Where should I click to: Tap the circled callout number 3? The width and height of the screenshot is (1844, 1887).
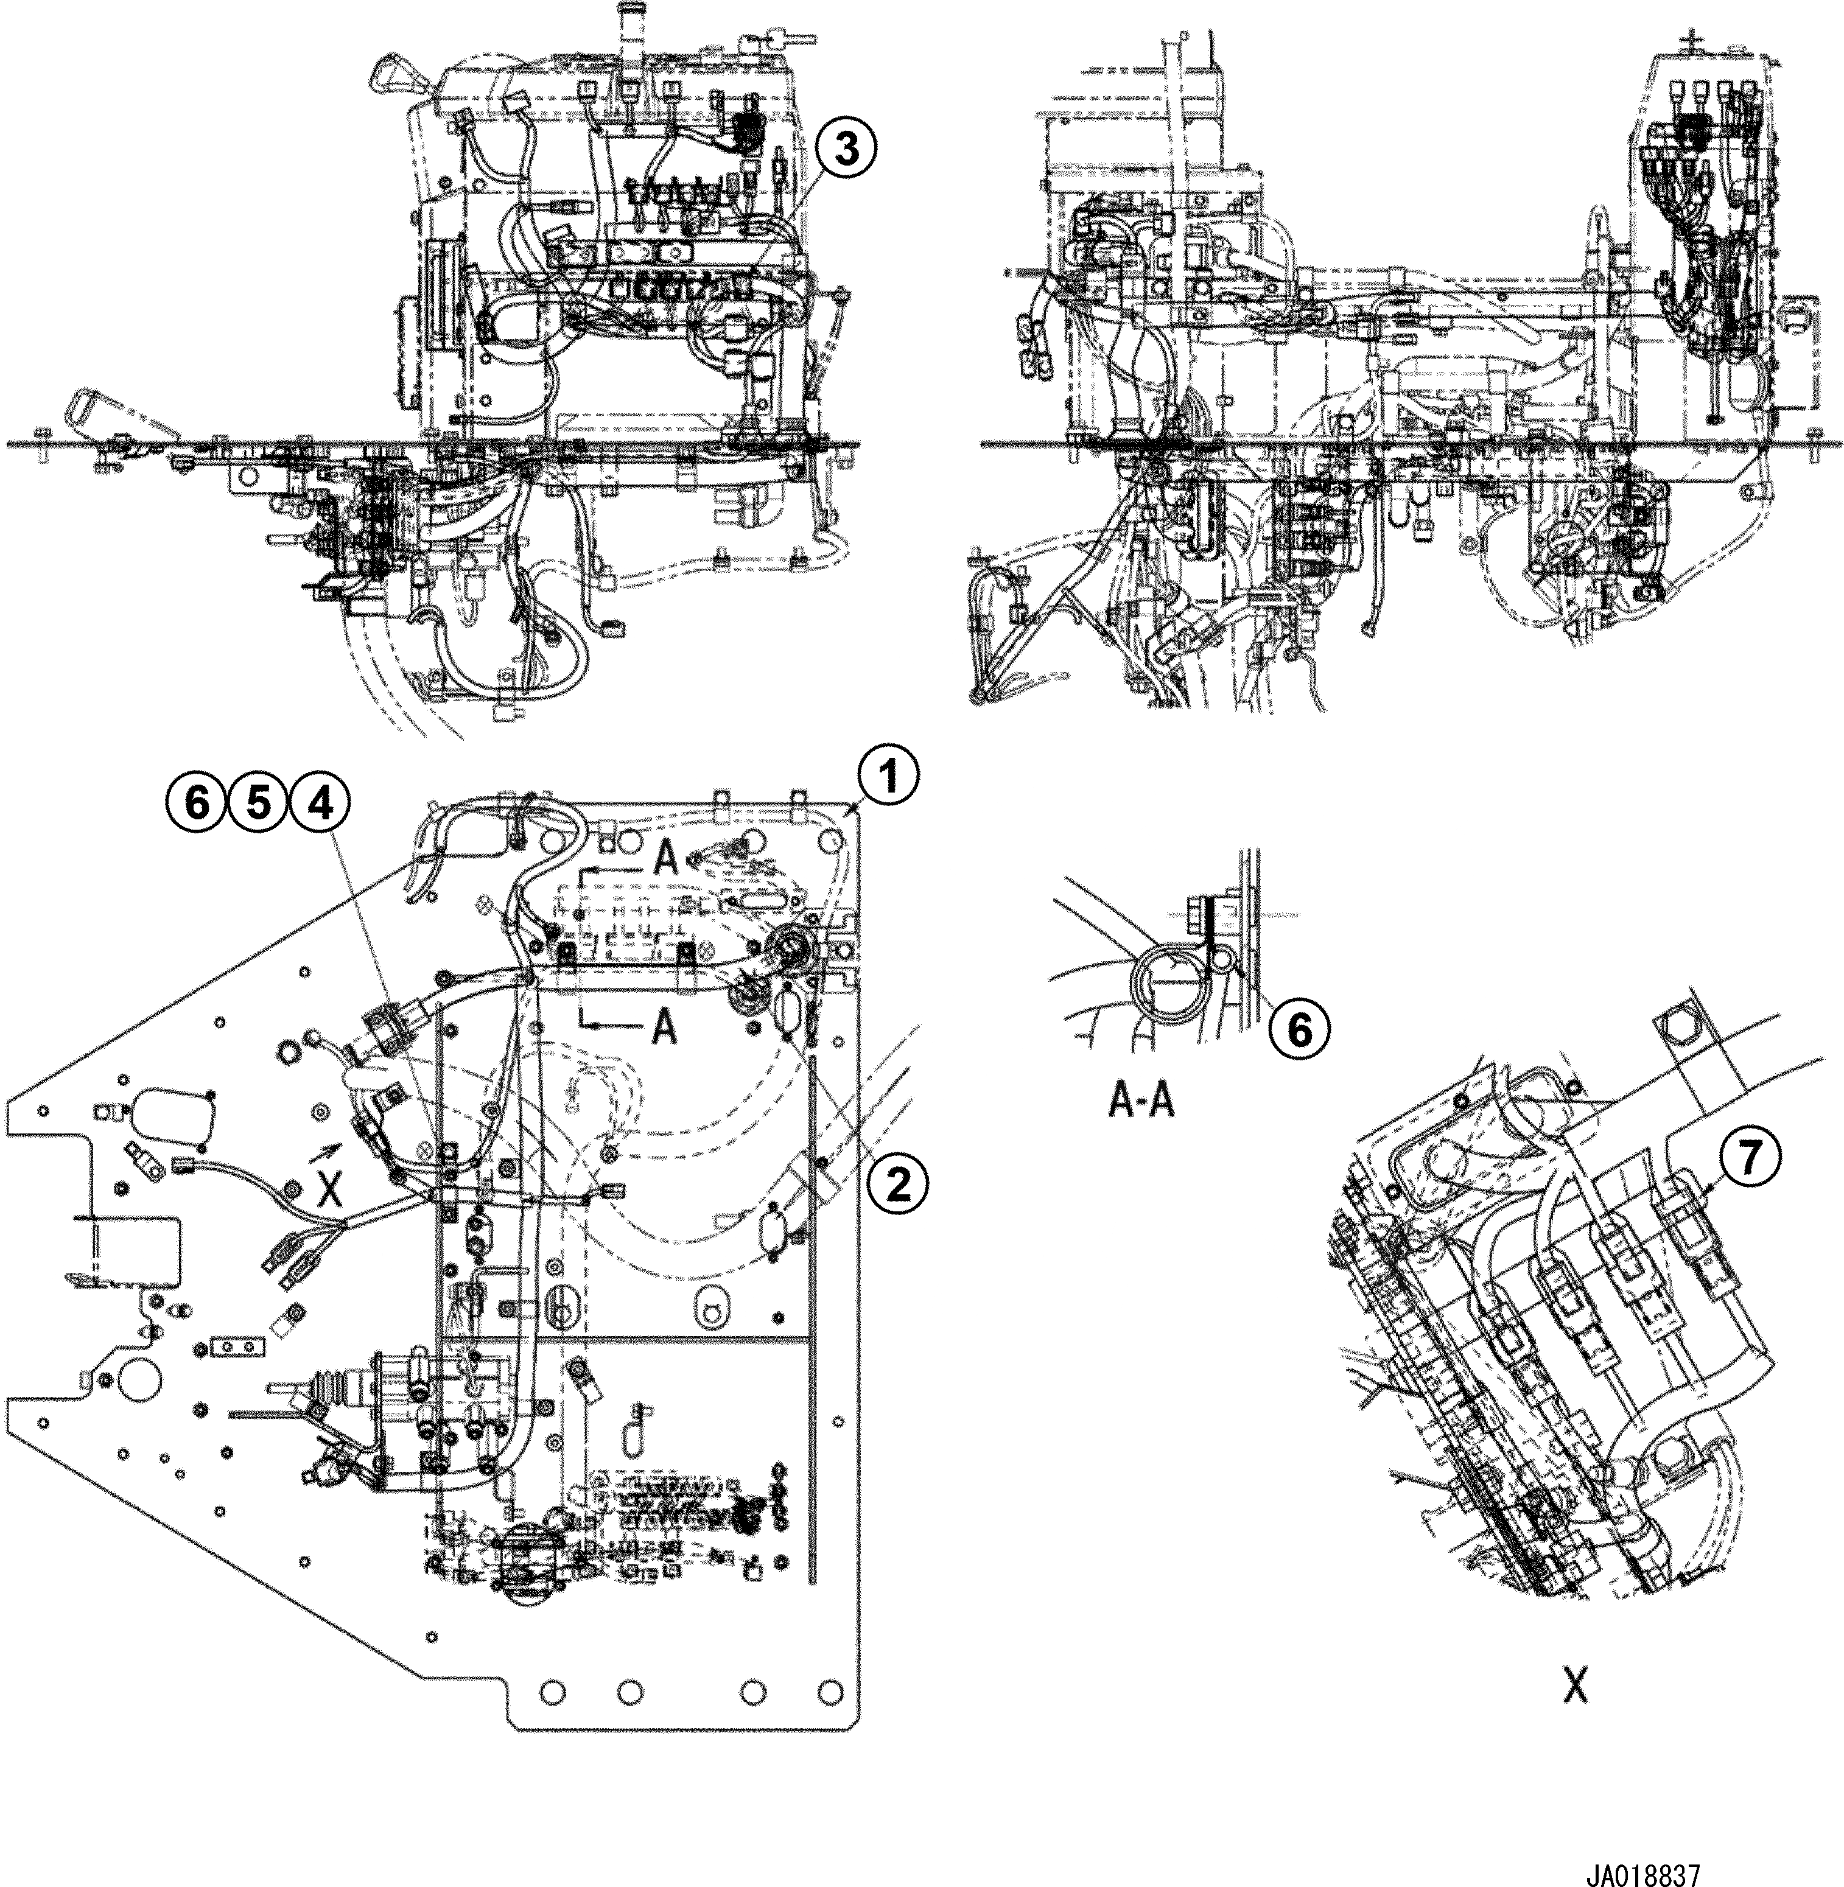coord(846,151)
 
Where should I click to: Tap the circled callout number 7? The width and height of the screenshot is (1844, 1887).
coord(1748,1160)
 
